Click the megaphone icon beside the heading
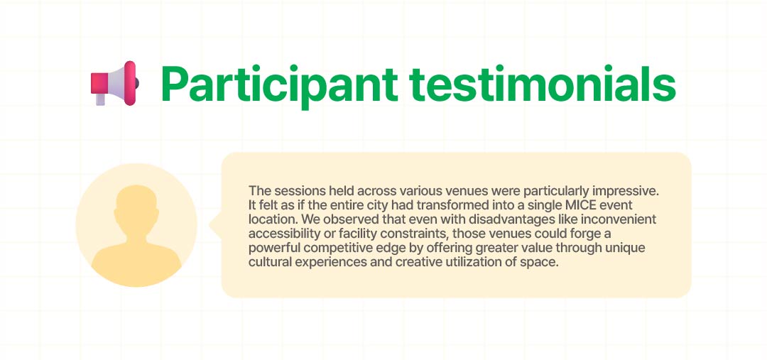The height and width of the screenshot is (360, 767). pos(115,83)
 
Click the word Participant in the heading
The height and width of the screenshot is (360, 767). pos(279,84)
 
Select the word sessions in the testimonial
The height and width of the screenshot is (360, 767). pos(293,191)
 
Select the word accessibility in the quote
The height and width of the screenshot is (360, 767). pos(280,234)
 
